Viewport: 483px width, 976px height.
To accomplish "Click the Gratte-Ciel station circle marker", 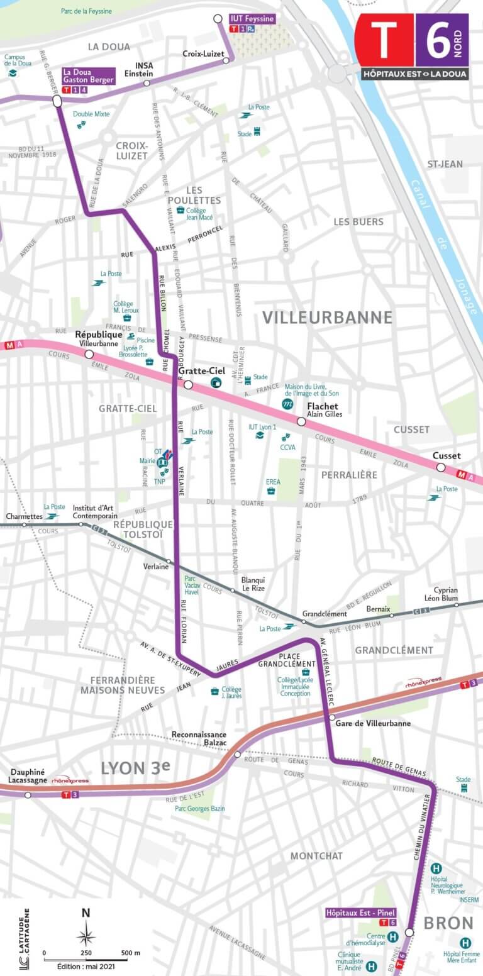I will [x=188, y=385].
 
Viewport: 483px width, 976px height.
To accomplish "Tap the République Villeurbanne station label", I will [x=98, y=338].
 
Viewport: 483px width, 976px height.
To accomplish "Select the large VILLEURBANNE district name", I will [x=327, y=317].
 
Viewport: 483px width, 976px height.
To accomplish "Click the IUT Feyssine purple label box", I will [x=252, y=19].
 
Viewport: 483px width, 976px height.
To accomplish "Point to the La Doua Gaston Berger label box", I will [x=87, y=76].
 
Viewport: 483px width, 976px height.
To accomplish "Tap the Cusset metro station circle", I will [x=441, y=467].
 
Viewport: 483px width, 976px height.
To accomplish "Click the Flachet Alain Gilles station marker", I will [x=301, y=421].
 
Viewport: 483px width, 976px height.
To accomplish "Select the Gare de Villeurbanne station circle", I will [x=331, y=718].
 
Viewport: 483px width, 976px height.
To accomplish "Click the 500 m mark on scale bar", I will [x=131, y=953].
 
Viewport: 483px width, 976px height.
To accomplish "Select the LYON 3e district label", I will [x=136, y=768].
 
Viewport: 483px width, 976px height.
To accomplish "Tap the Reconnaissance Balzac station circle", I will [x=238, y=755].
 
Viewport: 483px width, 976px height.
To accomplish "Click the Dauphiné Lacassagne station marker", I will [x=28, y=795].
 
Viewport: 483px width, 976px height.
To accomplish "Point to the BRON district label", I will [x=448, y=923].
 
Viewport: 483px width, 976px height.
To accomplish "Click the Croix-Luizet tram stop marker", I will [x=226, y=60].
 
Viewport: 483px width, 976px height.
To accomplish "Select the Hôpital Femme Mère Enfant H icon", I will [x=465, y=943].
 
